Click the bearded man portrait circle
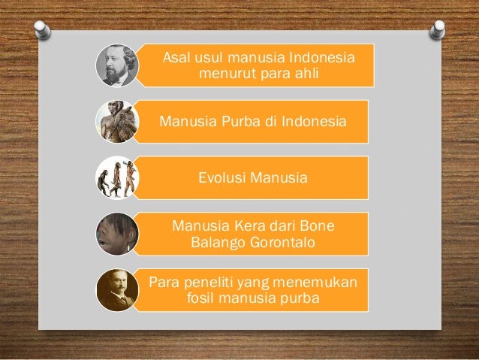(x=118, y=65)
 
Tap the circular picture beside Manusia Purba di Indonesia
(x=118, y=121)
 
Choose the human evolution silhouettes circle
(x=118, y=177)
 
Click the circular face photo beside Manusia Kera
(x=118, y=233)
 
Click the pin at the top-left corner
(x=41, y=28)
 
